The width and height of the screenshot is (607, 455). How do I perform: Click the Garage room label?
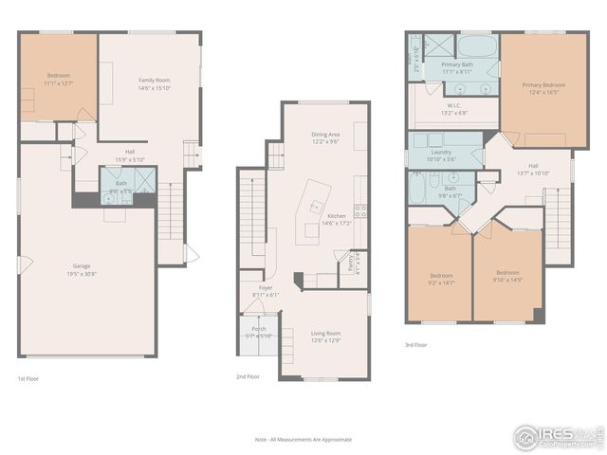(87, 270)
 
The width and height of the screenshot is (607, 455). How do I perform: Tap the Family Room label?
(154, 84)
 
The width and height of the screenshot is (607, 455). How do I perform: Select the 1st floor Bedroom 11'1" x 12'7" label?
(58, 80)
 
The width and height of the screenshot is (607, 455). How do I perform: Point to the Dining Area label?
(325, 138)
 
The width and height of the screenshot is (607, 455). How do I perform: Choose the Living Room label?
(325, 336)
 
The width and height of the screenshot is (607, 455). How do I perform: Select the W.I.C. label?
(455, 109)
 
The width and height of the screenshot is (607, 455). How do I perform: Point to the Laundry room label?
(441, 155)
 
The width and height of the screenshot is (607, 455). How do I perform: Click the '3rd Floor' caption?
(415, 345)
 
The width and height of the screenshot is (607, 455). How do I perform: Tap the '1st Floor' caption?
(28, 377)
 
